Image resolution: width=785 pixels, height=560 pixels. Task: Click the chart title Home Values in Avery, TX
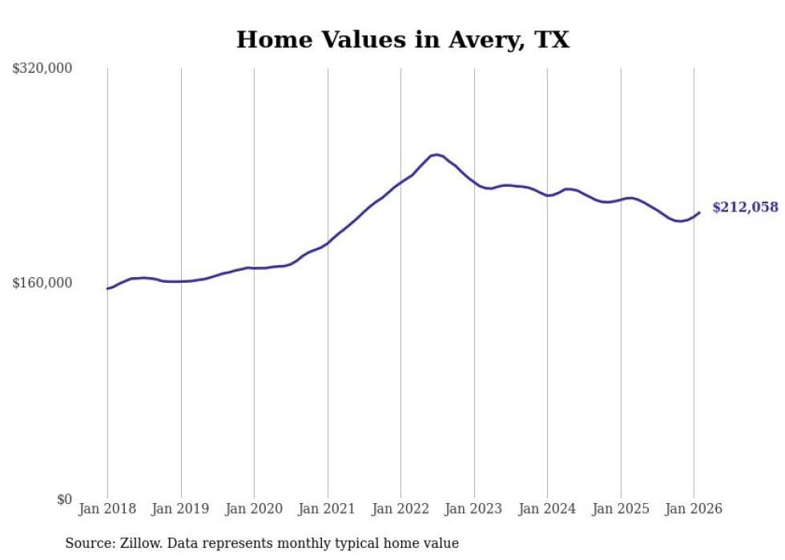point(402,40)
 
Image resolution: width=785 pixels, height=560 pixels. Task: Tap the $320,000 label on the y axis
point(42,69)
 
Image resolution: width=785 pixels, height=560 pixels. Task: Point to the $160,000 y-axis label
point(42,283)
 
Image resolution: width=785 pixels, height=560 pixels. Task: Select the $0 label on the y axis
point(64,499)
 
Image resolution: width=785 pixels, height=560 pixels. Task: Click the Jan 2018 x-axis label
point(107,509)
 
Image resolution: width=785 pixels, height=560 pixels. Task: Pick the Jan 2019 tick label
point(181,509)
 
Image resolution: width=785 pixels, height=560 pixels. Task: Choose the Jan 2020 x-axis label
point(254,509)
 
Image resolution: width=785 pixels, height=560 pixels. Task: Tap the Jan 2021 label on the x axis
point(328,509)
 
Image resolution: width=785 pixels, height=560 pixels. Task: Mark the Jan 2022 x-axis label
point(401,509)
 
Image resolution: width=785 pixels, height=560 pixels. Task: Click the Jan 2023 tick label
point(474,509)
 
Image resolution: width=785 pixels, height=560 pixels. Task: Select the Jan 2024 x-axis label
point(547,509)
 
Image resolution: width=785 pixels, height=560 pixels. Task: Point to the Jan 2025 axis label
point(621,509)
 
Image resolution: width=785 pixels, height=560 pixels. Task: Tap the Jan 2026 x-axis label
point(694,509)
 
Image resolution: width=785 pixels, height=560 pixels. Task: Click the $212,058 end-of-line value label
point(745,207)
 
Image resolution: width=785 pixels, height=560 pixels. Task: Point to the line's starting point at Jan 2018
point(107,288)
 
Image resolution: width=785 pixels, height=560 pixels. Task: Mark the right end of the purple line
point(699,212)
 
